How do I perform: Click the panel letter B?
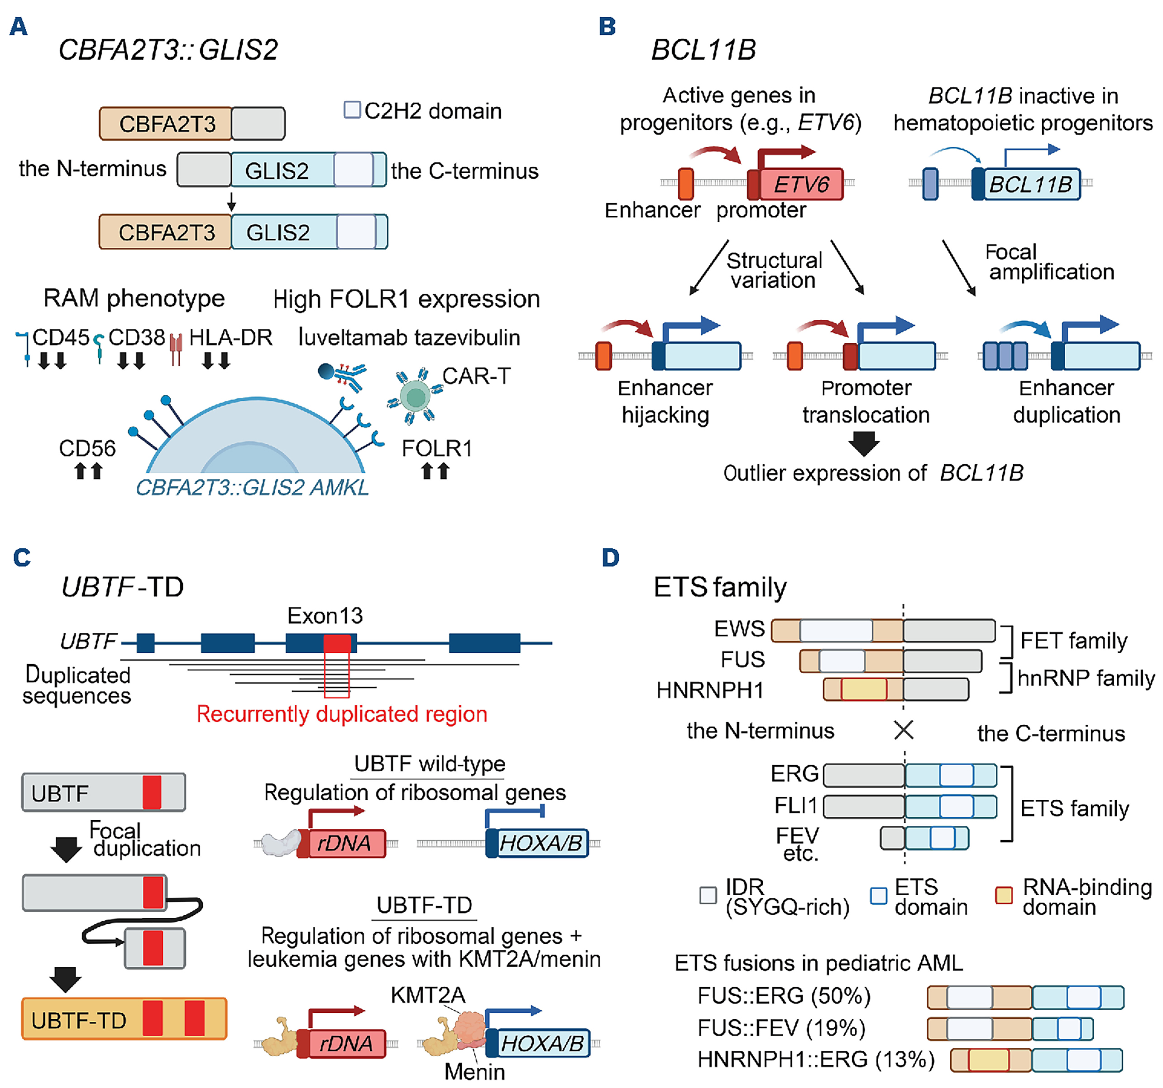[x=607, y=27]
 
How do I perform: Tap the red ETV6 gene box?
[x=801, y=185]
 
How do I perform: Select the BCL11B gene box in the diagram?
[x=1031, y=185]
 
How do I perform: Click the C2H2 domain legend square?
[x=352, y=110]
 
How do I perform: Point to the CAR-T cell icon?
[x=416, y=396]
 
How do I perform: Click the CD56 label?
[x=87, y=448]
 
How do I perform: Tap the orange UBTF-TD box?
[x=124, y=1018]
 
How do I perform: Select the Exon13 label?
[x=325, y=616]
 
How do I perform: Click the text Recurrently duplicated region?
[x=342, y=714]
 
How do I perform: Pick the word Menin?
[x=474, y=1072]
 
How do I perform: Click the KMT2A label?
[x=428, y=994]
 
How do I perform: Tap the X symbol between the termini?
[x=904, y=730]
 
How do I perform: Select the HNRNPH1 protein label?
[x=710, y=690]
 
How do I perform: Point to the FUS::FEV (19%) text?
[x=781, y=1027]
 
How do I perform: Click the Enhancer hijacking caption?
[x=665, y=401]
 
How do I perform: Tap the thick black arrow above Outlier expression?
[x=864, y=444]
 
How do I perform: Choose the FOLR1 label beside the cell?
[x=436, y=448]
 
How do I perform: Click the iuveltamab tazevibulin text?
[x=409, y=337]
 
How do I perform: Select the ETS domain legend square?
[x=878, y=896]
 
